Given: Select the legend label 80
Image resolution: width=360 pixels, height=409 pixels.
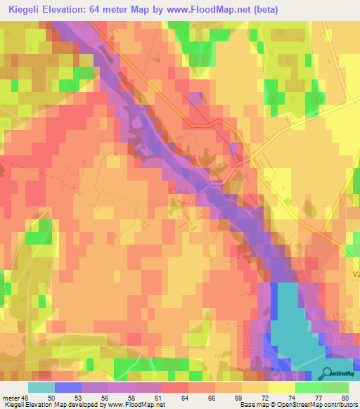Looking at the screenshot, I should point(345,397).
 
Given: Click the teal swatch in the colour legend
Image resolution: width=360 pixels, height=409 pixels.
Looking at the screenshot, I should point(41,387).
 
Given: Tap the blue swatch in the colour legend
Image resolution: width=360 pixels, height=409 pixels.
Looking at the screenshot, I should point(68,387).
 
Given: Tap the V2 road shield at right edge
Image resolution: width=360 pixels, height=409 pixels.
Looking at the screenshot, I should point(355,276).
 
